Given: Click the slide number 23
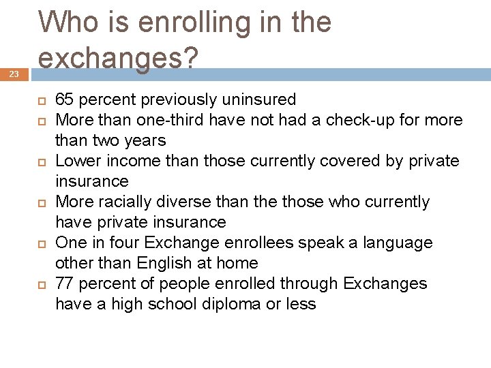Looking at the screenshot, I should [x=14, y=74].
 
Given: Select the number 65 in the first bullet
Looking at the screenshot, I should [x=65, y=100].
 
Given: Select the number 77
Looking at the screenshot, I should [x=65, y=284].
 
